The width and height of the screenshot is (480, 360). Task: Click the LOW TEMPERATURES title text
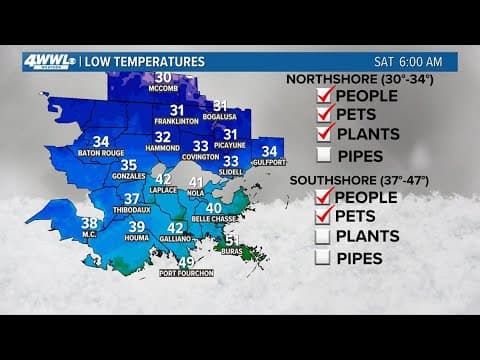click(145, 62)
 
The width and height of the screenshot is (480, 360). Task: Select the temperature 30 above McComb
click(163, 78)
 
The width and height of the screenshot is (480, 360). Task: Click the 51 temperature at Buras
click(232, 241)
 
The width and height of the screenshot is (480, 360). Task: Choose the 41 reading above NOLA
click(196, 183)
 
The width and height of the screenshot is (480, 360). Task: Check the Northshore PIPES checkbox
click(323, 155)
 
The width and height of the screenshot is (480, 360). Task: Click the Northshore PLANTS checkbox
click(323, 135)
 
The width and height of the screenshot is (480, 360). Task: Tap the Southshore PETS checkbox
click(323, 216)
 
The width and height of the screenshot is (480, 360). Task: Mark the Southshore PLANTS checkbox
click(323, 237)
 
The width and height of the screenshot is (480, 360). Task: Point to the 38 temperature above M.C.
click(90, 223)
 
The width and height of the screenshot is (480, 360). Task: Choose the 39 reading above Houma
click(137, 228)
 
